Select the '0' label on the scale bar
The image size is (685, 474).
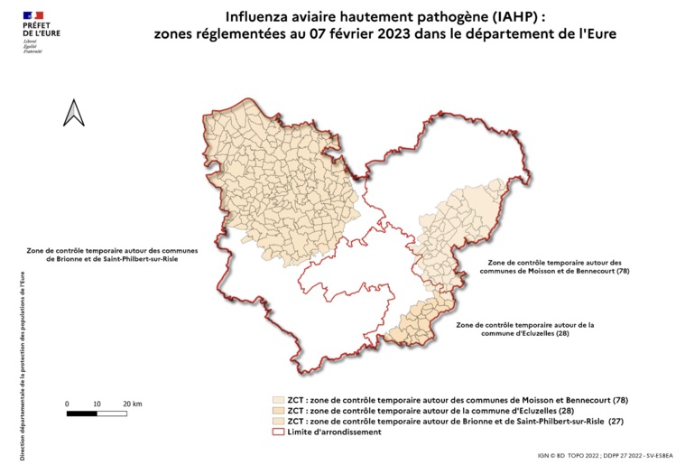click(x=68, y=403)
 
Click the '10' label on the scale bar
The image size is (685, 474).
click(x=97, y=403)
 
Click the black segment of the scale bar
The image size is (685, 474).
click(x=82, y=414)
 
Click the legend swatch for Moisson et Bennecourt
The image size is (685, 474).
click(x=278, y=400)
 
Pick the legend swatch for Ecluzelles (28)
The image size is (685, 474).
click(x=278, y=411)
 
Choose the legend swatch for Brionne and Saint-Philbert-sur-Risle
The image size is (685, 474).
click(x=278, y=422)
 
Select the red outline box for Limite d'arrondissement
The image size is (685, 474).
click(x=278, y=432)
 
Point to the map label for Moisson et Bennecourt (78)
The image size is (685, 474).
click(x=551, y=266)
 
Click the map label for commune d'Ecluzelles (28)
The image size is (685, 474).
click(x=524, y=329)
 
